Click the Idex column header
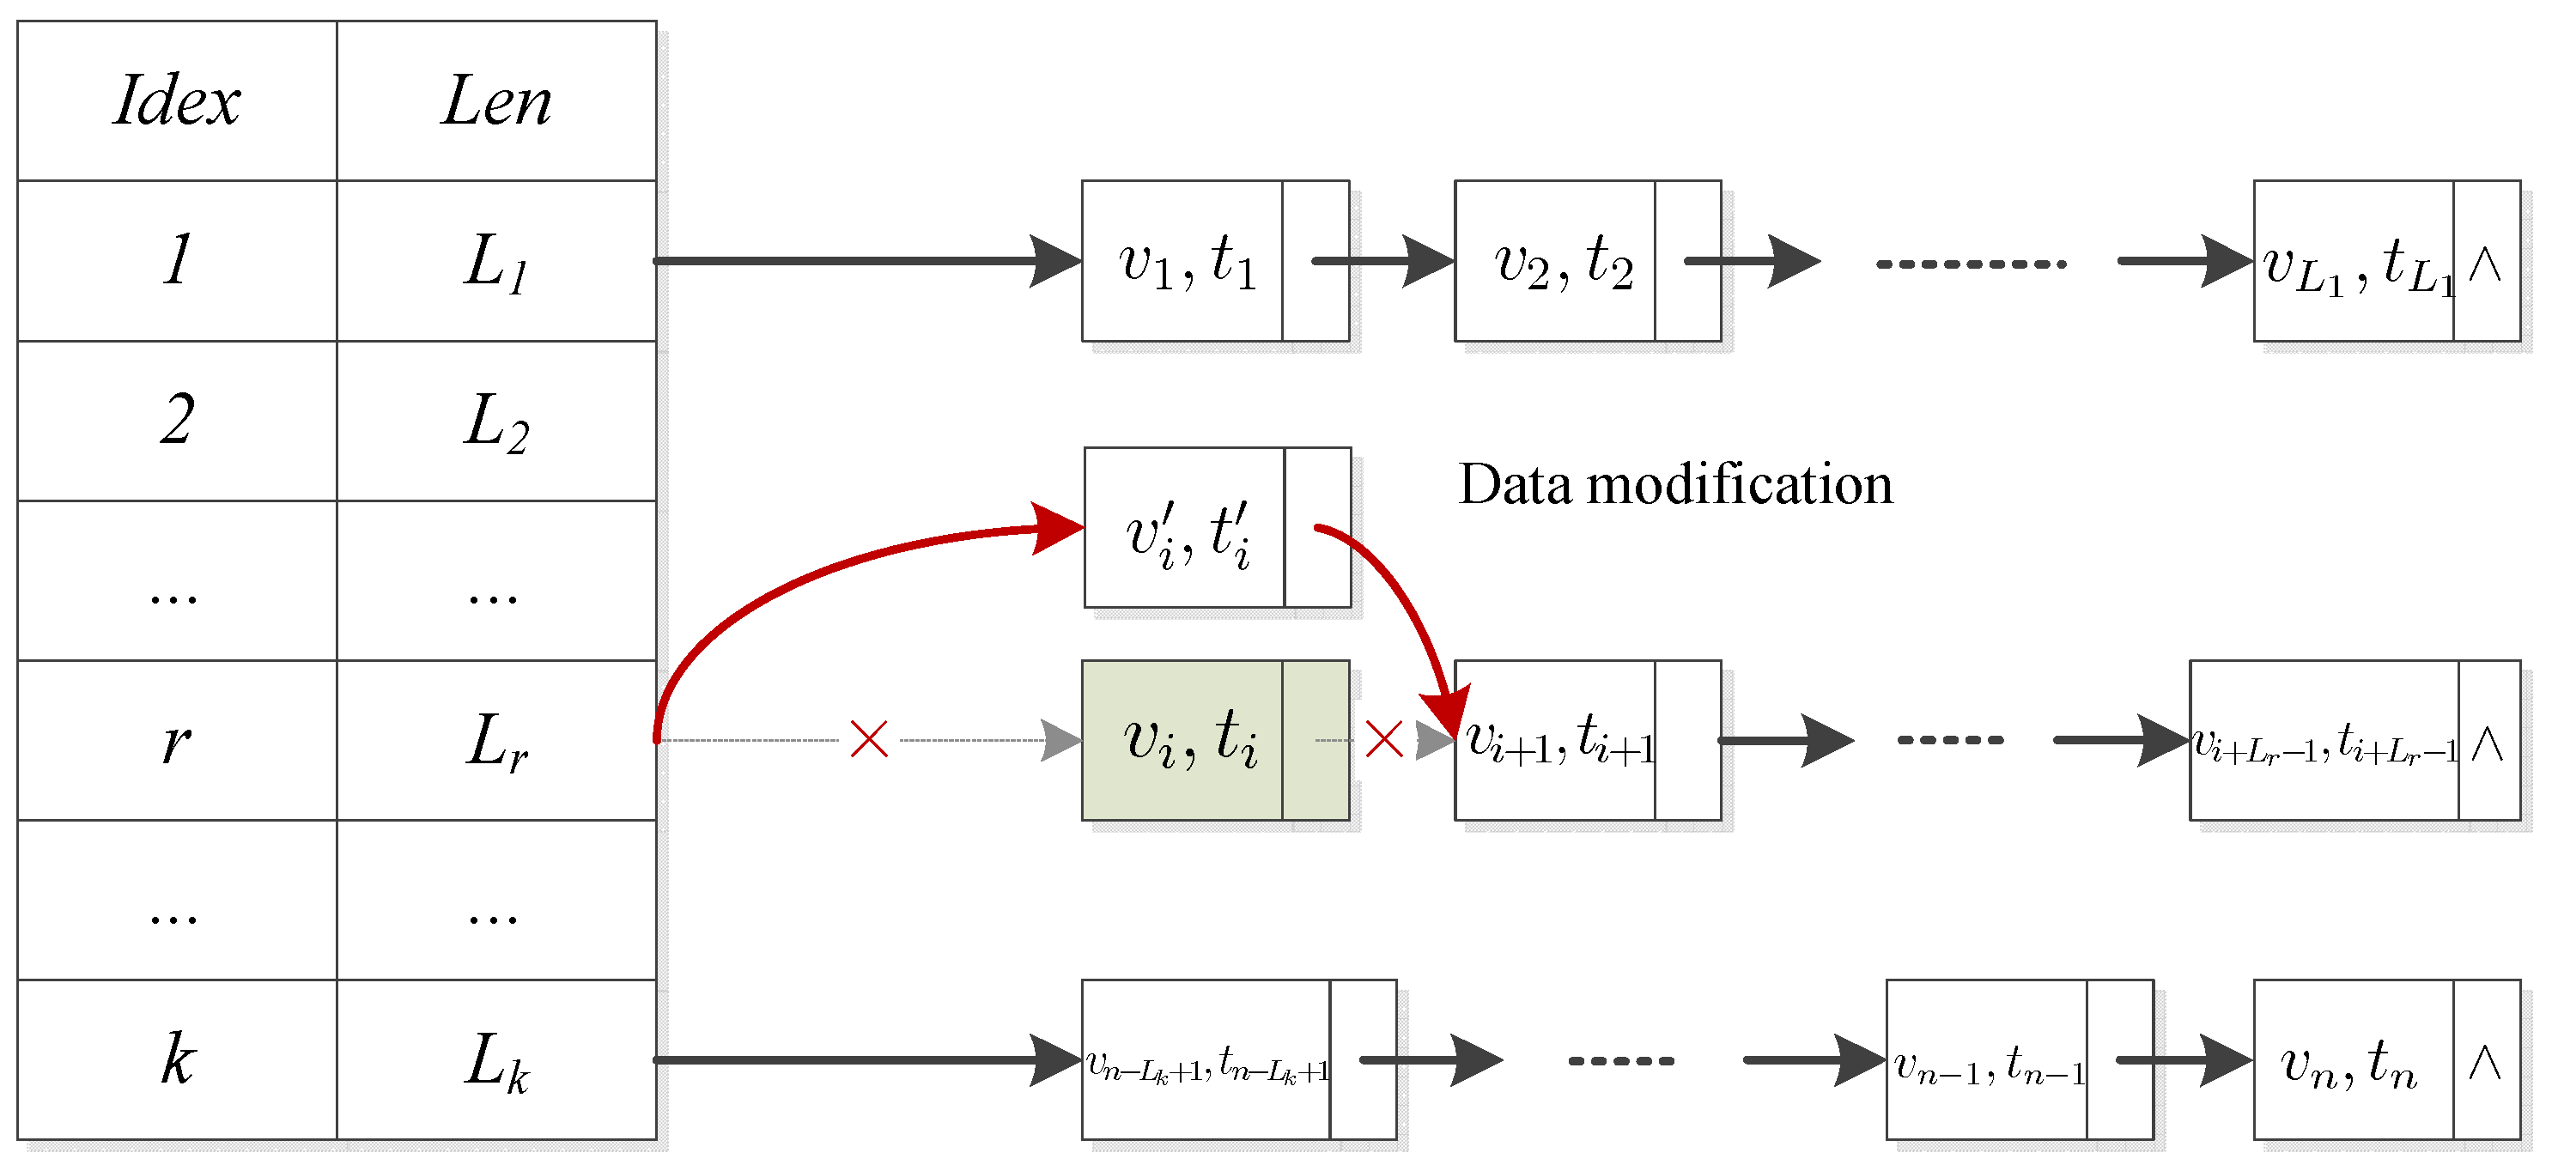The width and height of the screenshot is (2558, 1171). click(177, 101)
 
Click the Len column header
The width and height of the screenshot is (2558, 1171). click(495, 101)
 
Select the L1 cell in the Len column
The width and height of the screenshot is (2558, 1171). click(495, 261)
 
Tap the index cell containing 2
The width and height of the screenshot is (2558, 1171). click(177, 420)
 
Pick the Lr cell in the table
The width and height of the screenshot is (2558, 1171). click(495, 741)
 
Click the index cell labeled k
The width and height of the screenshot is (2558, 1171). click(177, 1059)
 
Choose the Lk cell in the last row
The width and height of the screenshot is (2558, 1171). click(495, 1059)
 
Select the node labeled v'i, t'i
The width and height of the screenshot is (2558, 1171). click(1188, 528)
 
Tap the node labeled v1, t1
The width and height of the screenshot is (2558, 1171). click(1188, 261)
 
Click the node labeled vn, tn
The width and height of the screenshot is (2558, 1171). click(2348, 1059)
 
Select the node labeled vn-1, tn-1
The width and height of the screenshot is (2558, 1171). click(1986, 1059)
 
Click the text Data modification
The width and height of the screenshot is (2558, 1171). click(1674, 485)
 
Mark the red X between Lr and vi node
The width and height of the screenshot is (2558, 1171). click(869, 740)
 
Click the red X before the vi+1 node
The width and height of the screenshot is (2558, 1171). click(1383, 740)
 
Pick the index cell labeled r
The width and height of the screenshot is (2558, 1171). click(177, 741)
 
